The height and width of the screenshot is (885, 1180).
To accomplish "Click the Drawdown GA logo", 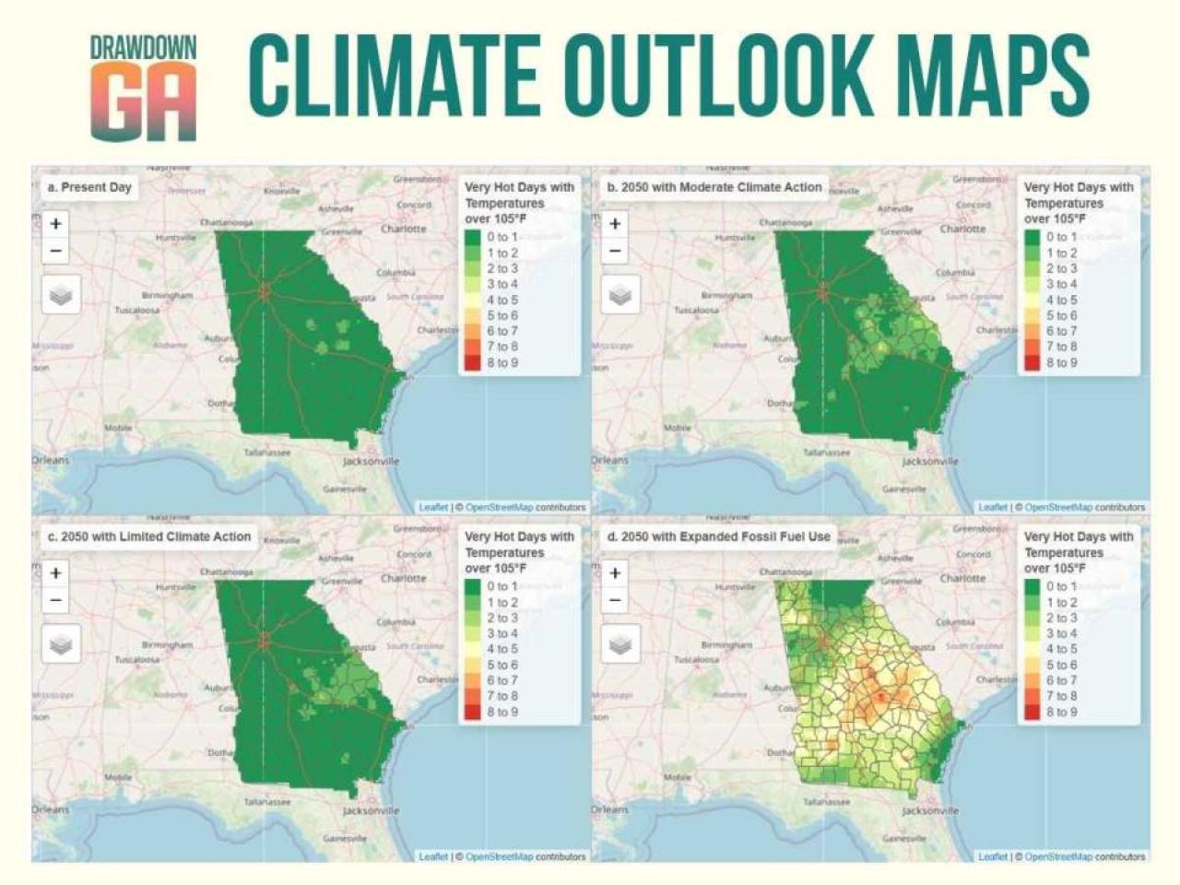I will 143,88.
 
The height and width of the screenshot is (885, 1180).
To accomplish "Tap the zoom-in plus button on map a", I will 56,224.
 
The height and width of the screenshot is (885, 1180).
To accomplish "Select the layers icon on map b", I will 619,295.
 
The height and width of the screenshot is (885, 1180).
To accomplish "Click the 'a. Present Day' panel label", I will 88,187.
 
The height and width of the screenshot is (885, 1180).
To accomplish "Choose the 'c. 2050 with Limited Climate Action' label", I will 148,537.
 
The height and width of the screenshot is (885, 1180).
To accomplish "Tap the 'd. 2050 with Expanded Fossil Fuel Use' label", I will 718,537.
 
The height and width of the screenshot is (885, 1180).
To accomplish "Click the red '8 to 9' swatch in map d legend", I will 1031,712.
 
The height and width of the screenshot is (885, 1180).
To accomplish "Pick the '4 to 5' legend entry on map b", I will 1061,300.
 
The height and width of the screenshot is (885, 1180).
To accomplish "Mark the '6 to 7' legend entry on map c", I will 501,680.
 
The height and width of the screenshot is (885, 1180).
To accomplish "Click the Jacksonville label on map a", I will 371,461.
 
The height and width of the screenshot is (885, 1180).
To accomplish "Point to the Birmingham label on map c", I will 167,645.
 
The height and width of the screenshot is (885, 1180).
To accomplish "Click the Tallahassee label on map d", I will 825,802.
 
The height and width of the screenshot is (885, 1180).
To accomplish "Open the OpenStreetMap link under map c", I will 499,856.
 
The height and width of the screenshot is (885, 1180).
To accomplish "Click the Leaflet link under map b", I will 992,507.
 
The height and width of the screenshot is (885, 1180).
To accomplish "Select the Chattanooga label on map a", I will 227,223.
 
